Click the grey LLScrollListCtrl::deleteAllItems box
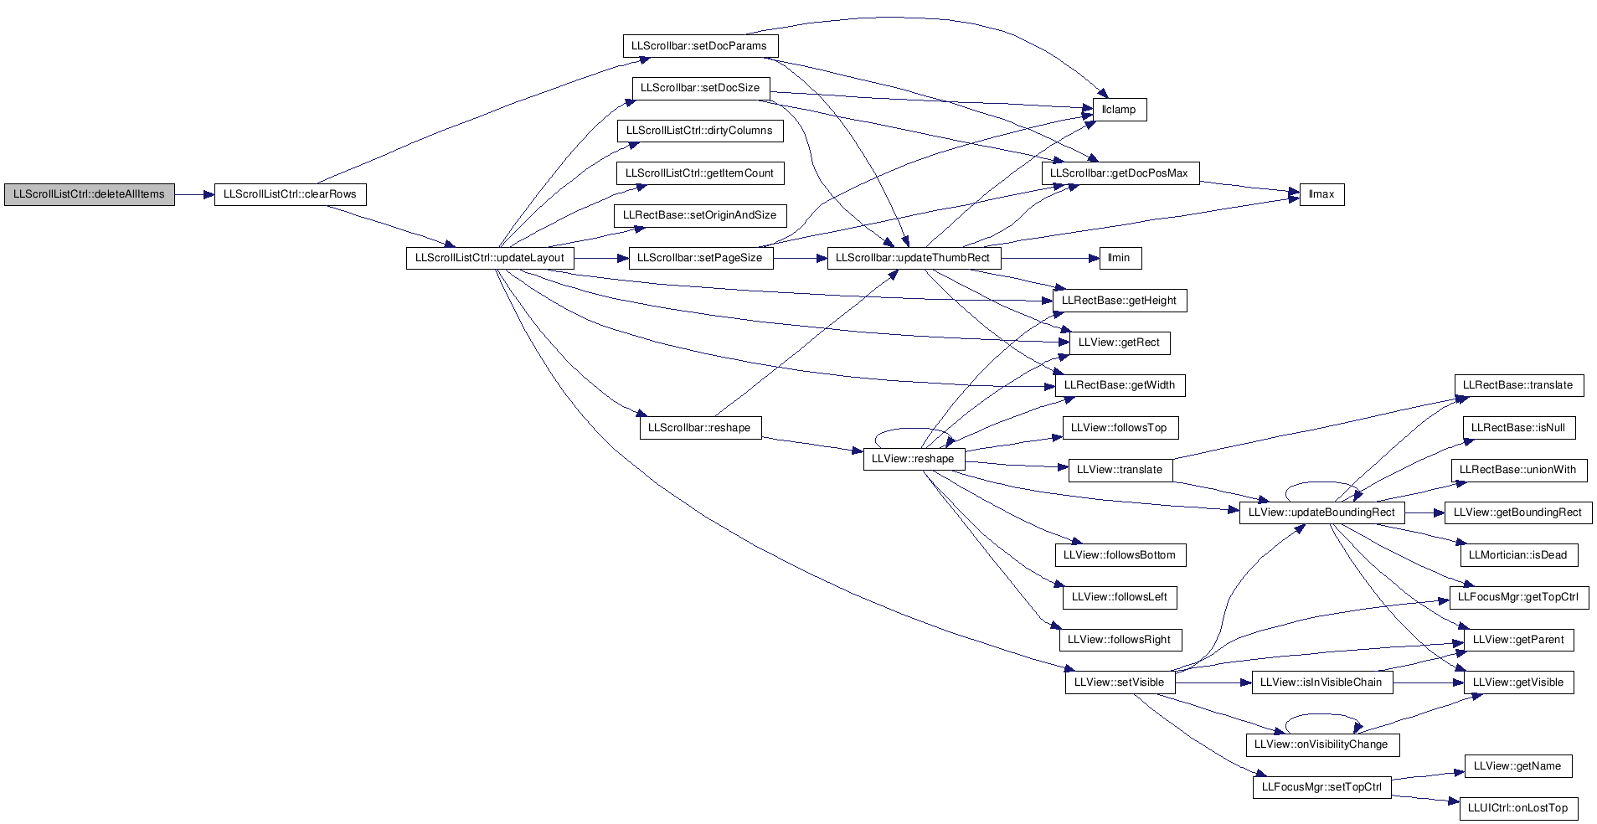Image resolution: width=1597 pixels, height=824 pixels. click(90, 194)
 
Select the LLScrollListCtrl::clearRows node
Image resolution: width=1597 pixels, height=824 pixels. click(290, 194)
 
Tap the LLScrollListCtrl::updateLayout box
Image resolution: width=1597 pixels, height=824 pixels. click(490, 258)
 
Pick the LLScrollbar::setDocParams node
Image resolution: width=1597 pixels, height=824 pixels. click(700, 46)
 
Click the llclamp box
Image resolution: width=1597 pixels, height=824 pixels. click(1120, 110)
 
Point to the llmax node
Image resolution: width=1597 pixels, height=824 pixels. click(1321, 194)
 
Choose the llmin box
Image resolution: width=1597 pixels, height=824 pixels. click(1120, 258)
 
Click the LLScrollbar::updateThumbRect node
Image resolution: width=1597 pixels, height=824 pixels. click(914, 258)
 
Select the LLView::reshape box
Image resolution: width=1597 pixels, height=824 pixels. click(914, 459)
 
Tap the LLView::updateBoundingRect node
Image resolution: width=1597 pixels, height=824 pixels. click(1322, 512)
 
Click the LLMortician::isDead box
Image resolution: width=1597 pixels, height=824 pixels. click(1518, 555)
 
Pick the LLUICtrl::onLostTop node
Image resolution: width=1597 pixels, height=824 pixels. click(1518, 808)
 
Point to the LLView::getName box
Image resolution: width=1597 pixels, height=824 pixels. click(1518, 766)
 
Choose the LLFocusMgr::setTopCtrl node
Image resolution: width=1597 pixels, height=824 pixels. click(1322, 787)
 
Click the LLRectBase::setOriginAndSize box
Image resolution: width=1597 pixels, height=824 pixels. click(700, 215)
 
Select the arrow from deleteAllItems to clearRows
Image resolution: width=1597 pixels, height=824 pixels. click(194, 195)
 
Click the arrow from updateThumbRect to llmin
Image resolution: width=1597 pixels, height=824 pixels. click(1049, 259)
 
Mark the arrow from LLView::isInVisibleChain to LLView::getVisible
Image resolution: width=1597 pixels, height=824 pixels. click(1428, 682)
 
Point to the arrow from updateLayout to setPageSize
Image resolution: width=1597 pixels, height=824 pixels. click(601, 259)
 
